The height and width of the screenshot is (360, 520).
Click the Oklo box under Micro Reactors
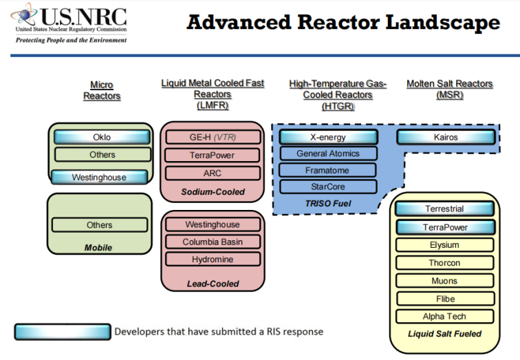point(101,138)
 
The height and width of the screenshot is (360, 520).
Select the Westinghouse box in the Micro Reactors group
point(99,178)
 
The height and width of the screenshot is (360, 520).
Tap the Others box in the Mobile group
point(99,225)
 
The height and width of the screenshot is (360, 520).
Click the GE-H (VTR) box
point(213,138)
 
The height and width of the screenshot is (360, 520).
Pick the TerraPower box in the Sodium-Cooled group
point(213,155)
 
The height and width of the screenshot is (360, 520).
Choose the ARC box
point(213,173)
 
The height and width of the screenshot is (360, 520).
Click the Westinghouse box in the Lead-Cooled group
point(213,224)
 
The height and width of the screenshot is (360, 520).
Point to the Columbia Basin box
point(213,242)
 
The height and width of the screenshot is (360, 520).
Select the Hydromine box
point(213,260)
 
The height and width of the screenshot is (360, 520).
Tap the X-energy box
point(327,137)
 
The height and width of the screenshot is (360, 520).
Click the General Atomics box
point(327,153)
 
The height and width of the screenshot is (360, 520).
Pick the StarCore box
point(327,187)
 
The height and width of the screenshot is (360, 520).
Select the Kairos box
point(446,138)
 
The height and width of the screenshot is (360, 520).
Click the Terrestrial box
point(444,209)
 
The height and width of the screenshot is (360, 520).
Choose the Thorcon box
point(444,263)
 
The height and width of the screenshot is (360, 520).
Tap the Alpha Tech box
point(444,317)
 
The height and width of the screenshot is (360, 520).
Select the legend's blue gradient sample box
point(62,332)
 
